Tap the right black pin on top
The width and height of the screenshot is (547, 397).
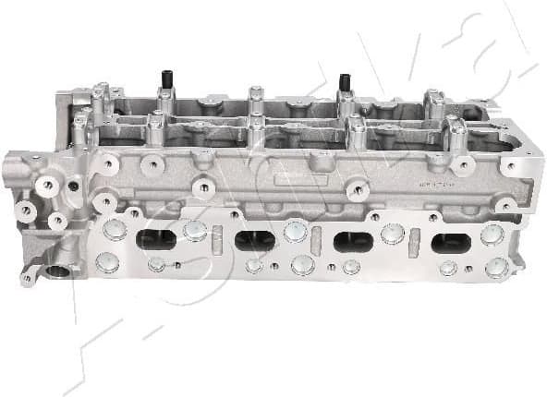click(346, 82)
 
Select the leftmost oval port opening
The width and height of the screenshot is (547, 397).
click(155, 239)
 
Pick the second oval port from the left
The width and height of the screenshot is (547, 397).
click(255, 241)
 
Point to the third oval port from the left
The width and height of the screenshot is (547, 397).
click(353, 242)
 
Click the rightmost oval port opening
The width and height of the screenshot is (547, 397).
click(451, 243)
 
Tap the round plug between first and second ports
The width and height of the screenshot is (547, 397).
click(195, 230)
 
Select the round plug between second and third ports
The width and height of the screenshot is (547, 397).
click(296, 231)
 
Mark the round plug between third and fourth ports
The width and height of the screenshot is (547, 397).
click(393, 234)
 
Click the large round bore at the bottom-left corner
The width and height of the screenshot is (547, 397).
click(61, 271)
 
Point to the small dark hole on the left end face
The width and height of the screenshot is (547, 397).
click(73, 186)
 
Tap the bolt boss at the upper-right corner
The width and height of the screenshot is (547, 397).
click(508, 167)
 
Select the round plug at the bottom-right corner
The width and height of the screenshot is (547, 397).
click(497, 268)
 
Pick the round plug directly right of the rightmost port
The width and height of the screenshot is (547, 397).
click(492, 235)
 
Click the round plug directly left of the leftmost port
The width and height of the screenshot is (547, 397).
click(114, 230)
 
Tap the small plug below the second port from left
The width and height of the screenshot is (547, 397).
click(254, 266)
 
